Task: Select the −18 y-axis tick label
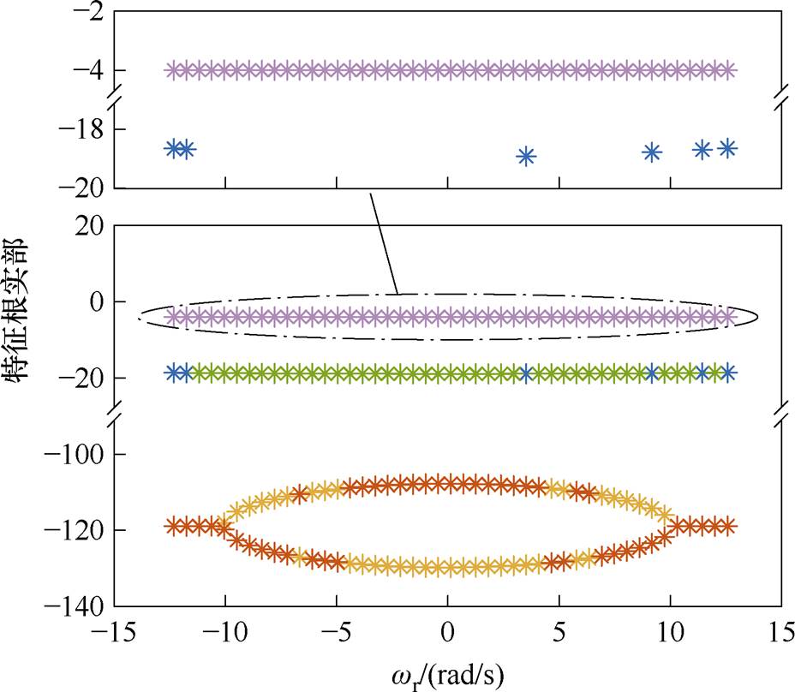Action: (77, 129)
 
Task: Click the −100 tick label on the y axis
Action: (73, 454)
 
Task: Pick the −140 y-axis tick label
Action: (73, 606)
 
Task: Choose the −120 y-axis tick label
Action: (73, 530)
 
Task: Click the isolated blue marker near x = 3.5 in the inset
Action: (526, 156)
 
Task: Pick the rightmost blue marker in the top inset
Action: (727, 148)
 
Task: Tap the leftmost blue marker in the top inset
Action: (174, 148)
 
